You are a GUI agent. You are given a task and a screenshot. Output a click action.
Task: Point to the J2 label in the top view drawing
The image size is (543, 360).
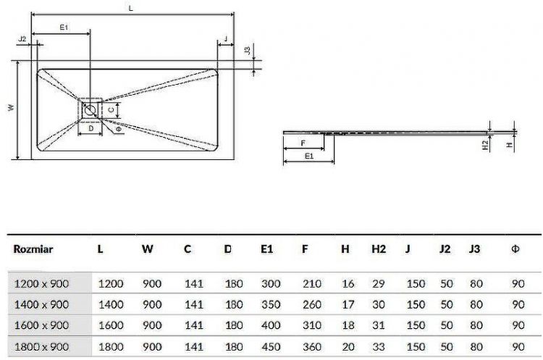pyautogui.click(x=22, y=38)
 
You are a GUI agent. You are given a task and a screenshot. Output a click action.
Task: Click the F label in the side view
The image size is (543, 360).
pyautogui.click(x=301, y=143)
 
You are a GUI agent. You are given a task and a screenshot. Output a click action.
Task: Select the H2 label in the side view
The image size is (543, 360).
pyautogui.click(x=487, y=145)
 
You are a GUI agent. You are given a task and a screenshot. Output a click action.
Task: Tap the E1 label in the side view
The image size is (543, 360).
pyautogui.click(x=308, y=155)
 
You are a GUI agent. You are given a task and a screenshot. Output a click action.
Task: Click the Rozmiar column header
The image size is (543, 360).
pyautogui.click(x=33, y=249)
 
